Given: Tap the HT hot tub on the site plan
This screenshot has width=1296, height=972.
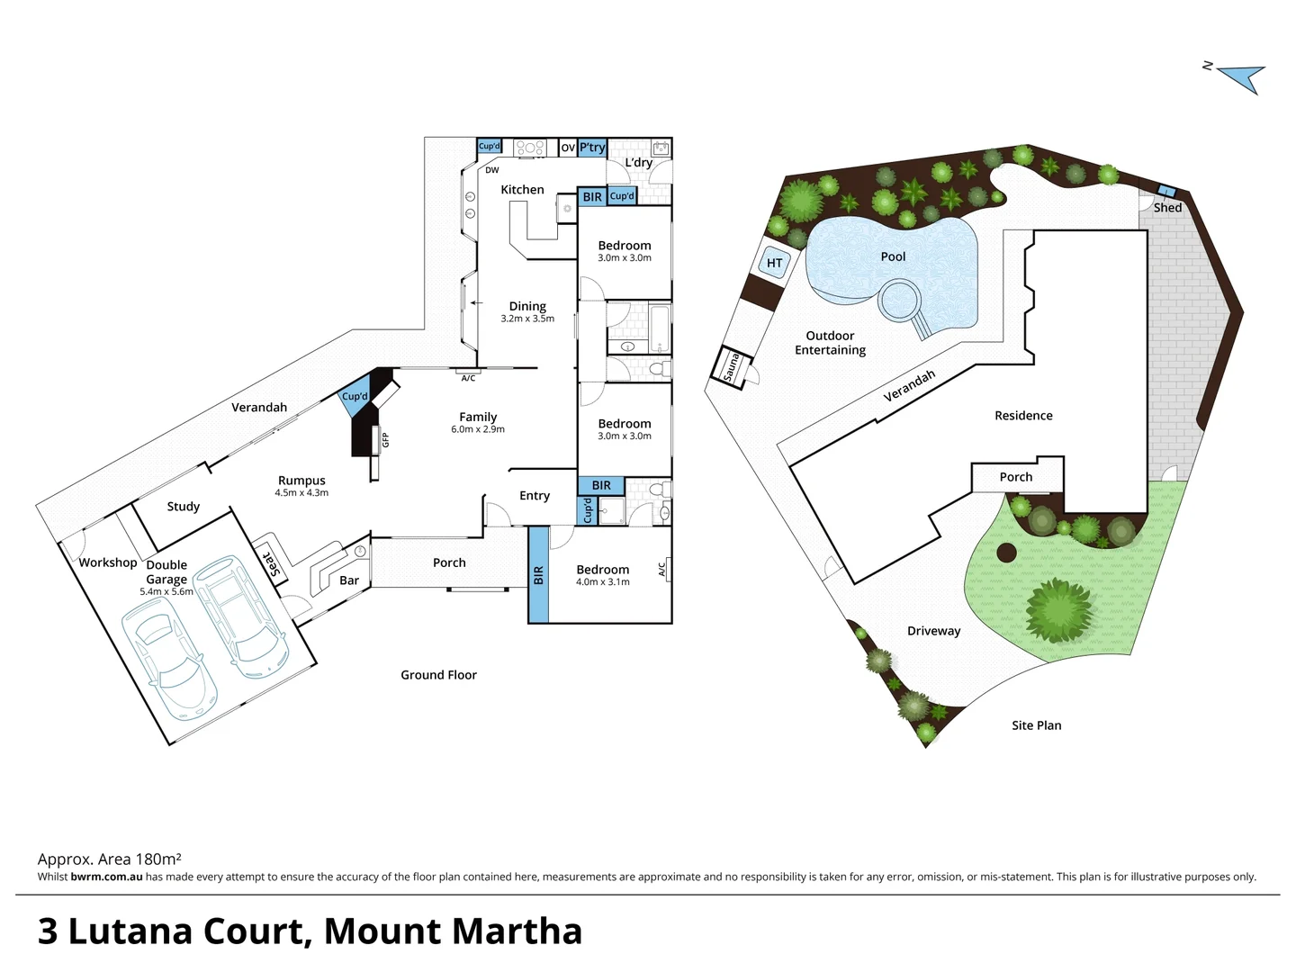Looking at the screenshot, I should click(x=775, y=263).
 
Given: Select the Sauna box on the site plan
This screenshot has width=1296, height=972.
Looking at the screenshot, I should click(x=731, y=368).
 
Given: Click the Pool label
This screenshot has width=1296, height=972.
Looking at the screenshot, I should click(x=893, y=256).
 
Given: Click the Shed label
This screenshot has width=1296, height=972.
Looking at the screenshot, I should click(x=1167, y=207).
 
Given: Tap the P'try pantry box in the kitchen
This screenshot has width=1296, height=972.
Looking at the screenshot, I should click(x=592, y=148).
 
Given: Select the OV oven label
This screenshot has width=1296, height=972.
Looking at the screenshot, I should click(x=568, y=148).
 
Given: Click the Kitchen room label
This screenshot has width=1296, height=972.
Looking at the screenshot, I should click(x=522, y=190).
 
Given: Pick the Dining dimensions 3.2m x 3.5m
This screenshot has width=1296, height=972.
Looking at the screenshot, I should click(x=527, y=319).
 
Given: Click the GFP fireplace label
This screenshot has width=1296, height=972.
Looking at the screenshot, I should click(x=385, y=439).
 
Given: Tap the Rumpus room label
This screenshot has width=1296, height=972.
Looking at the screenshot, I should click(x=301, y=481).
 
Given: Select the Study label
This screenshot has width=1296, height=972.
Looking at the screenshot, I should click(x=183, y=507).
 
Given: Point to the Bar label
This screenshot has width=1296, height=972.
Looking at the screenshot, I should click(x=349, y=580).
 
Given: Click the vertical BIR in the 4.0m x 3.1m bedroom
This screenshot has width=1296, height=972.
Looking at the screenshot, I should click(x=538, y=575).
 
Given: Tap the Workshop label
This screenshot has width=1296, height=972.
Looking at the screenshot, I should click(x=108, y=562).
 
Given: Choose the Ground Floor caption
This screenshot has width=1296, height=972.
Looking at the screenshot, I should click(x=438, y=675).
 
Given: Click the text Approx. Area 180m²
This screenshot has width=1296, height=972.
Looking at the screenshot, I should click(x=110, y=859).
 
